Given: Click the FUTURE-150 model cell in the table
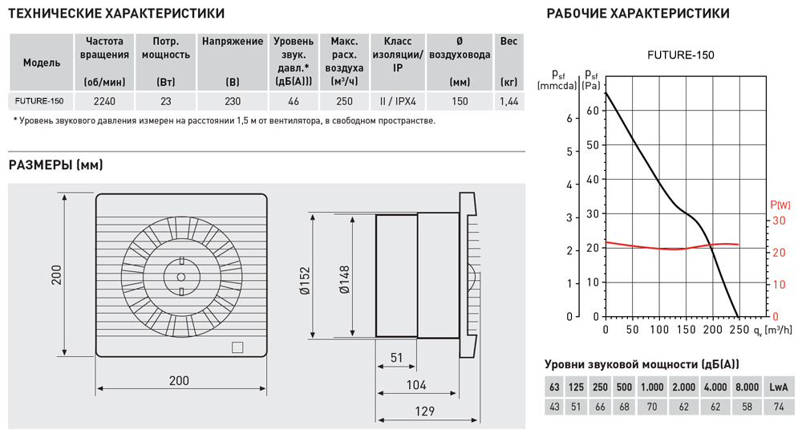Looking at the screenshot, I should [40, 101].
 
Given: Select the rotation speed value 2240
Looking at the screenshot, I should [104, 101].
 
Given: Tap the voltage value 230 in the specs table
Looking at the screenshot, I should [233, 101].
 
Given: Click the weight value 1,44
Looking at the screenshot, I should [508, 101].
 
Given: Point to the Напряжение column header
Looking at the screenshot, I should [233, 41].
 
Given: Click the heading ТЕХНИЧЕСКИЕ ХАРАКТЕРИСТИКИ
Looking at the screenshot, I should [116, 14].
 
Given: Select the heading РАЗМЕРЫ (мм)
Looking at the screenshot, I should [55, 166].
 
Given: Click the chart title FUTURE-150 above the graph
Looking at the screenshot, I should [680, 55].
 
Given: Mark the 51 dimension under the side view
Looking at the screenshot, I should [396, 357].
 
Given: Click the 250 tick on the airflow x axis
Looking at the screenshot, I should [739, 329].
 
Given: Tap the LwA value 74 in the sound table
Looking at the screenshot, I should [777, 407].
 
